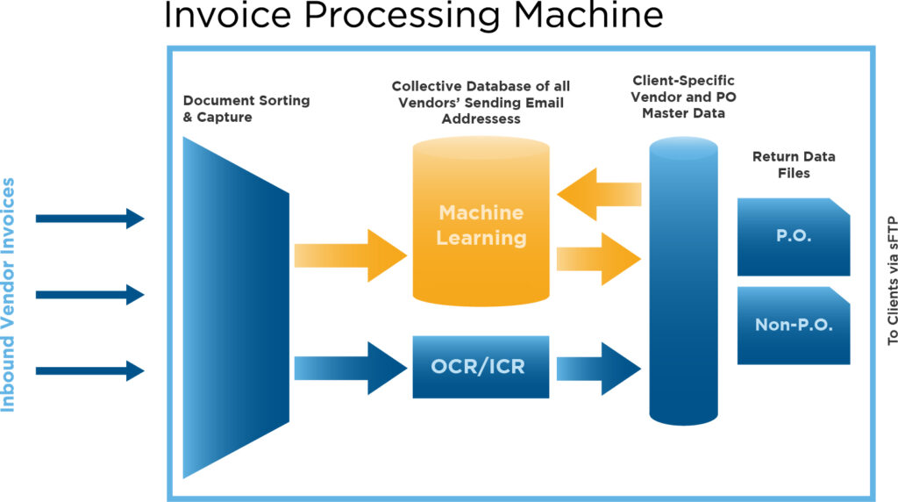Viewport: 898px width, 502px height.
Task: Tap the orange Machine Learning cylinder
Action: coord(481,221)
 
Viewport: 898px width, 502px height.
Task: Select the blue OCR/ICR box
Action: coord(481,367)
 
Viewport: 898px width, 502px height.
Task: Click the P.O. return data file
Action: coord(793,237)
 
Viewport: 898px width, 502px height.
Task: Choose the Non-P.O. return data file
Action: coord(793,326)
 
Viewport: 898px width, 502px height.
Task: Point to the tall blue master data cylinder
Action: coord(683,281)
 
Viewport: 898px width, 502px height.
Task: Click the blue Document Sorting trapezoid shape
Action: coord(236,308)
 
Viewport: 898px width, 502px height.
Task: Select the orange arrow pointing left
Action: coord(599,194)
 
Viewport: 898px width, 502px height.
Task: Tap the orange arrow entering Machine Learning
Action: coord(351,255)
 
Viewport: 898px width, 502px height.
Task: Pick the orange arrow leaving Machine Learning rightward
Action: coord(598,258)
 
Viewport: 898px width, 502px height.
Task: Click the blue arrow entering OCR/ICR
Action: coord(351,368)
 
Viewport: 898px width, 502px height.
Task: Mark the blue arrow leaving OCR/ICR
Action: coord(598,369)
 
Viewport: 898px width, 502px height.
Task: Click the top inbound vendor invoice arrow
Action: coord(90,219)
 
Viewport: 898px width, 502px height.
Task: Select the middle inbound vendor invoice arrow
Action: coord(90,295)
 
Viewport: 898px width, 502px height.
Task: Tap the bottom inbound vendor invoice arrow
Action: coord(90,370)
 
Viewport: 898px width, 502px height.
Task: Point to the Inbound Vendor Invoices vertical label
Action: coord(8,295)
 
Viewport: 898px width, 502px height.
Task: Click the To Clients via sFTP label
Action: coord(892,280)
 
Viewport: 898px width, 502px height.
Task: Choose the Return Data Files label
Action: coord(794,164)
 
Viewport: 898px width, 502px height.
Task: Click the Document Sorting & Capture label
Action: coord(246,108)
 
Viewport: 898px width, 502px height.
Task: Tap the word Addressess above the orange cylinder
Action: coord(481,118)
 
